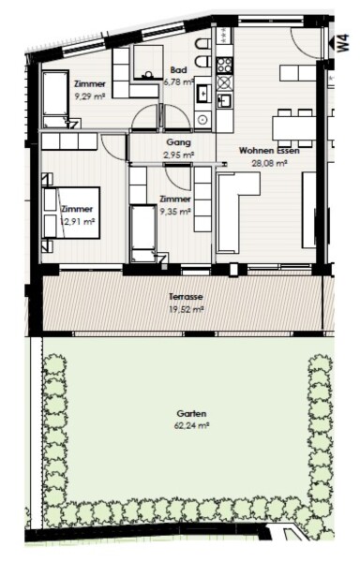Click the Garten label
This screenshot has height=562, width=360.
coord(191,414)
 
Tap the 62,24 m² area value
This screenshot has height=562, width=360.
coord(191,426)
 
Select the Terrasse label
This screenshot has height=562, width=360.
coord(186,297)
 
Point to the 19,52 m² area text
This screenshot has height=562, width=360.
coord(186,309)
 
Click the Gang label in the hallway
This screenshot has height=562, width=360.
coord(178,142)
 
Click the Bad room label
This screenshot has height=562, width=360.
coord(178,69)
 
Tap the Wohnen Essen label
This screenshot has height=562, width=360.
coord(269,151)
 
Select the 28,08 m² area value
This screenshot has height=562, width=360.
coord(269,163)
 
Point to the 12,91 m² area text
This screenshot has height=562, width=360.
coord(78,221)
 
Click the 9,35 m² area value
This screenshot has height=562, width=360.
coord(175,212)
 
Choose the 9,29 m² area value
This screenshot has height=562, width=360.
coord(90,96)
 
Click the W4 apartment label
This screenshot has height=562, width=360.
coord(343,43)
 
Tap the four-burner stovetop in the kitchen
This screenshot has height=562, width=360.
coord(224,65)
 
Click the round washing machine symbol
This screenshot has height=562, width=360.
coord(202,119)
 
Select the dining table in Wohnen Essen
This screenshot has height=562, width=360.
coord(294,128)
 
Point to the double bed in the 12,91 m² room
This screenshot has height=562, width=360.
coord(71,213)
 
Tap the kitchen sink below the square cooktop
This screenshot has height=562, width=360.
coord(224,99)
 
